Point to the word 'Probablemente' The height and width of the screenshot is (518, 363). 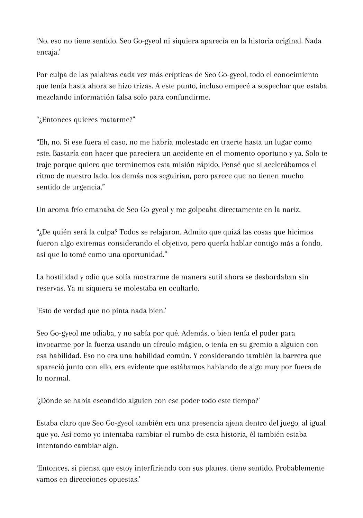point(300,469)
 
